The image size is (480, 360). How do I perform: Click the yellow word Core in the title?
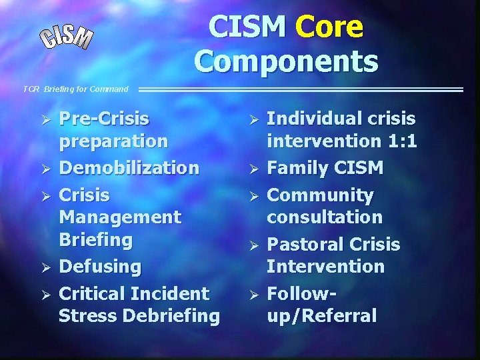(x=329, y=27)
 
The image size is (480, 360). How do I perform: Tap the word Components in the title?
(x=286, y=61)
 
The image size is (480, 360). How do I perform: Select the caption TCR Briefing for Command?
(x=75, y=89)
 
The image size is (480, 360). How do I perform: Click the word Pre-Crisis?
(x=104, y=119)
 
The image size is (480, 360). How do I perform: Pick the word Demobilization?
(x=129, y=168)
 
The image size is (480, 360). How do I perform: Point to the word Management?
(x=119, y=217)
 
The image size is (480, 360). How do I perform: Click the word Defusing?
(x=100, y=267)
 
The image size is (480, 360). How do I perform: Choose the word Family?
(x=298, y=168)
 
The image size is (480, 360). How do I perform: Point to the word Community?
(x=320, y=195)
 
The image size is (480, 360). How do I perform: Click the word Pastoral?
(x=307, y=245)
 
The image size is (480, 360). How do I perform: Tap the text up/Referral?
(x=321, y=315)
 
